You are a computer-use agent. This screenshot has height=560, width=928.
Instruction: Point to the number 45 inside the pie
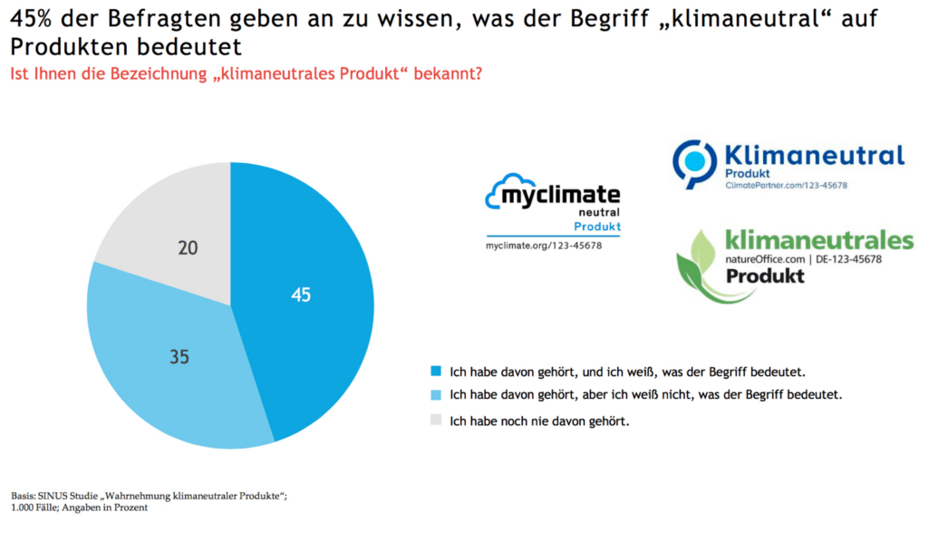tap(301, 294)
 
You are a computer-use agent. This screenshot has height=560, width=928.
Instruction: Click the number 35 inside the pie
tap(179, 357)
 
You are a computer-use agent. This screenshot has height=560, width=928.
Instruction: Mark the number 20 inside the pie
tap(188, 247)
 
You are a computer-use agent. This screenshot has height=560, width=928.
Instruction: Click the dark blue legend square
tap(436, 371)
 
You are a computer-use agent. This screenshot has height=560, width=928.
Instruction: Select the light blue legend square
tap(436, 394)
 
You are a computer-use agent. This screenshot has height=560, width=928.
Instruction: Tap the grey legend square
tap(436, 420)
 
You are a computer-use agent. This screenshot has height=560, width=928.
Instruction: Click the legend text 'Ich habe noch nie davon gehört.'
tap(539, 420)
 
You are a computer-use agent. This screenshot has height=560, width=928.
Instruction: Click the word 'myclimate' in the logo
tap(562, 195)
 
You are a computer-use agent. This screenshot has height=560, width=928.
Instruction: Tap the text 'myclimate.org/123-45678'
tap(544, 246)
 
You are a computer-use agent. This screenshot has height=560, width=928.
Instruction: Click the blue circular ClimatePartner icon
tap(695, 162)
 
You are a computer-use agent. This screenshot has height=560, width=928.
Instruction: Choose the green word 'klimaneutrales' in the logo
tap(819, 240)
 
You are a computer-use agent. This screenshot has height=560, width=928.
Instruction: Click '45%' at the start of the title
tap(32, 19)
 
